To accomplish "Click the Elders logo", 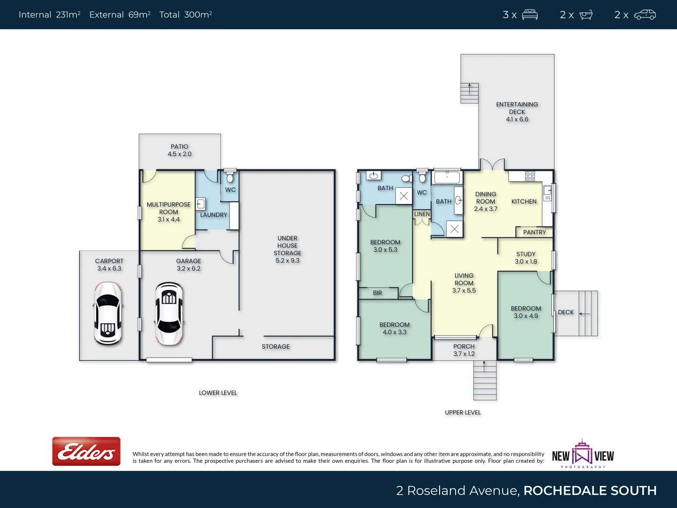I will (x=86, y=451).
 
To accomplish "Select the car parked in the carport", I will (x=108, y=313).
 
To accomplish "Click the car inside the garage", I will (x=169, y=313).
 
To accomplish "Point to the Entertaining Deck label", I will (x=517, y=111).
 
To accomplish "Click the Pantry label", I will (x=535, y=232).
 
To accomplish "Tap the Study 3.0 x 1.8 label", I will (x=526, y=258).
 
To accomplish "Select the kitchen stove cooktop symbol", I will (x=530, y=176).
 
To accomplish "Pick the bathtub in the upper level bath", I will (x=447, y=177).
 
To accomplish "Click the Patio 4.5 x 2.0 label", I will (x=180, y=151).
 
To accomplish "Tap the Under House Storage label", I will (x=287, y=249).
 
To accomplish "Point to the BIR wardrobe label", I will (x=378, y=293).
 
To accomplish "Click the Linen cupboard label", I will (x=422, y=214).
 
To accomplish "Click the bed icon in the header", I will (x=530, y=15).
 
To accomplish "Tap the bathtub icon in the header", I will (x=586, y=15).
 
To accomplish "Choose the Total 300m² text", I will (x=186, y=15).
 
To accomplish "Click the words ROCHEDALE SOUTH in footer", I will (x=590, y=491).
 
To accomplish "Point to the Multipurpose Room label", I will (x=168, y=212).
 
